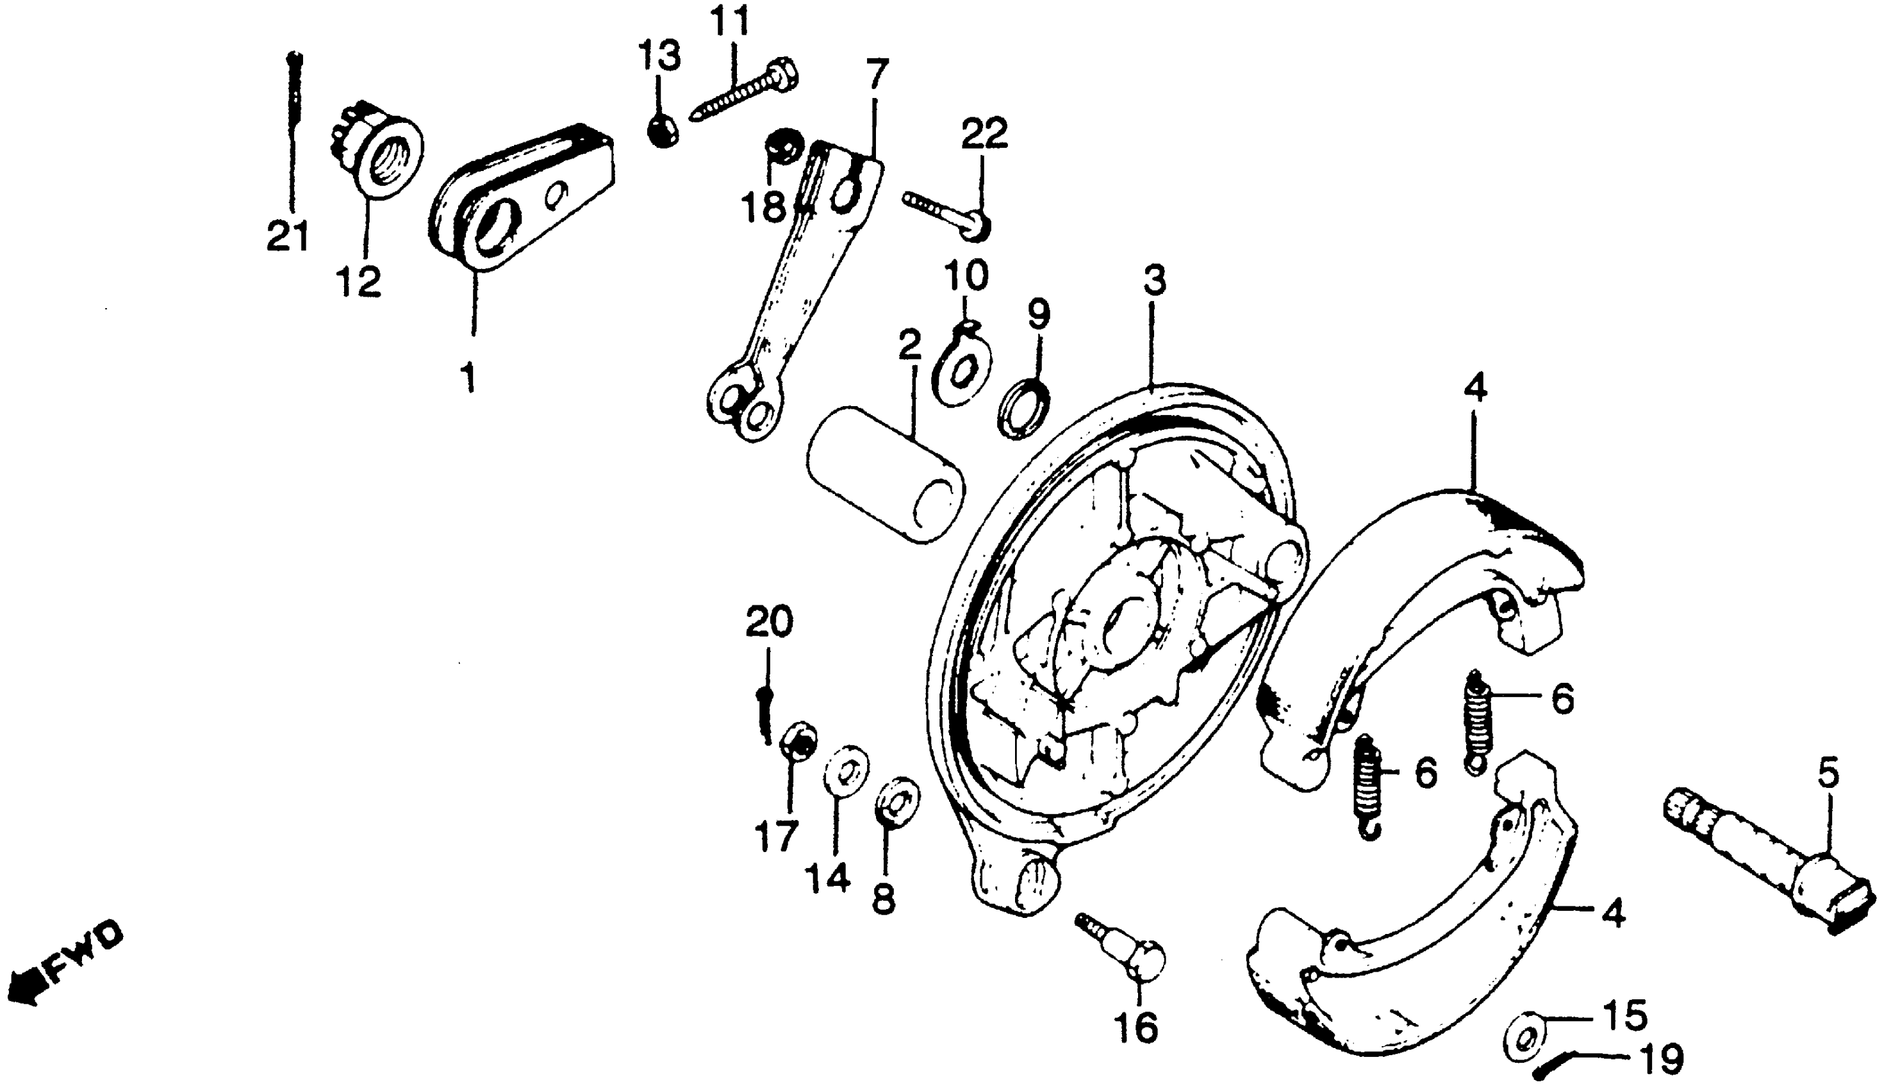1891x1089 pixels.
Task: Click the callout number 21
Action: (x=288, y=237)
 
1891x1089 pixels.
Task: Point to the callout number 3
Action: (x=1154, y=281)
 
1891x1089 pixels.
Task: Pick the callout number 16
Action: (x=1135, y=1028)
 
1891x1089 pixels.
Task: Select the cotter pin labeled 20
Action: (x=764, y=714)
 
